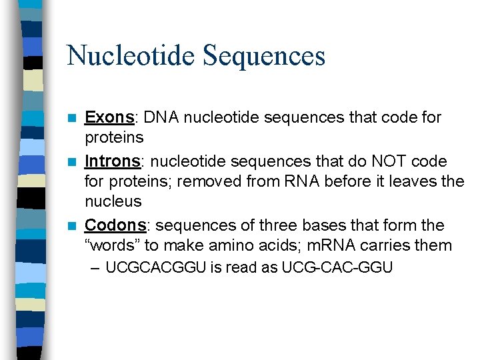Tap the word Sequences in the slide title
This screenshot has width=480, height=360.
tap(264, 55)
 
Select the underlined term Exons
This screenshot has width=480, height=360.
tap(109, 118)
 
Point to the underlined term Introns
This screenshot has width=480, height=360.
tap(113, 162)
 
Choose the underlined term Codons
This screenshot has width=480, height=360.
tap(115, 225)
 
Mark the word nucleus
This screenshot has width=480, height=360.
tap(113, 201)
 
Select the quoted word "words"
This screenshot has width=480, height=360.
tap(113, 245)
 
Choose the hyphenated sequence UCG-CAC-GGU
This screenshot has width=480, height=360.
tap(337, 268)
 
